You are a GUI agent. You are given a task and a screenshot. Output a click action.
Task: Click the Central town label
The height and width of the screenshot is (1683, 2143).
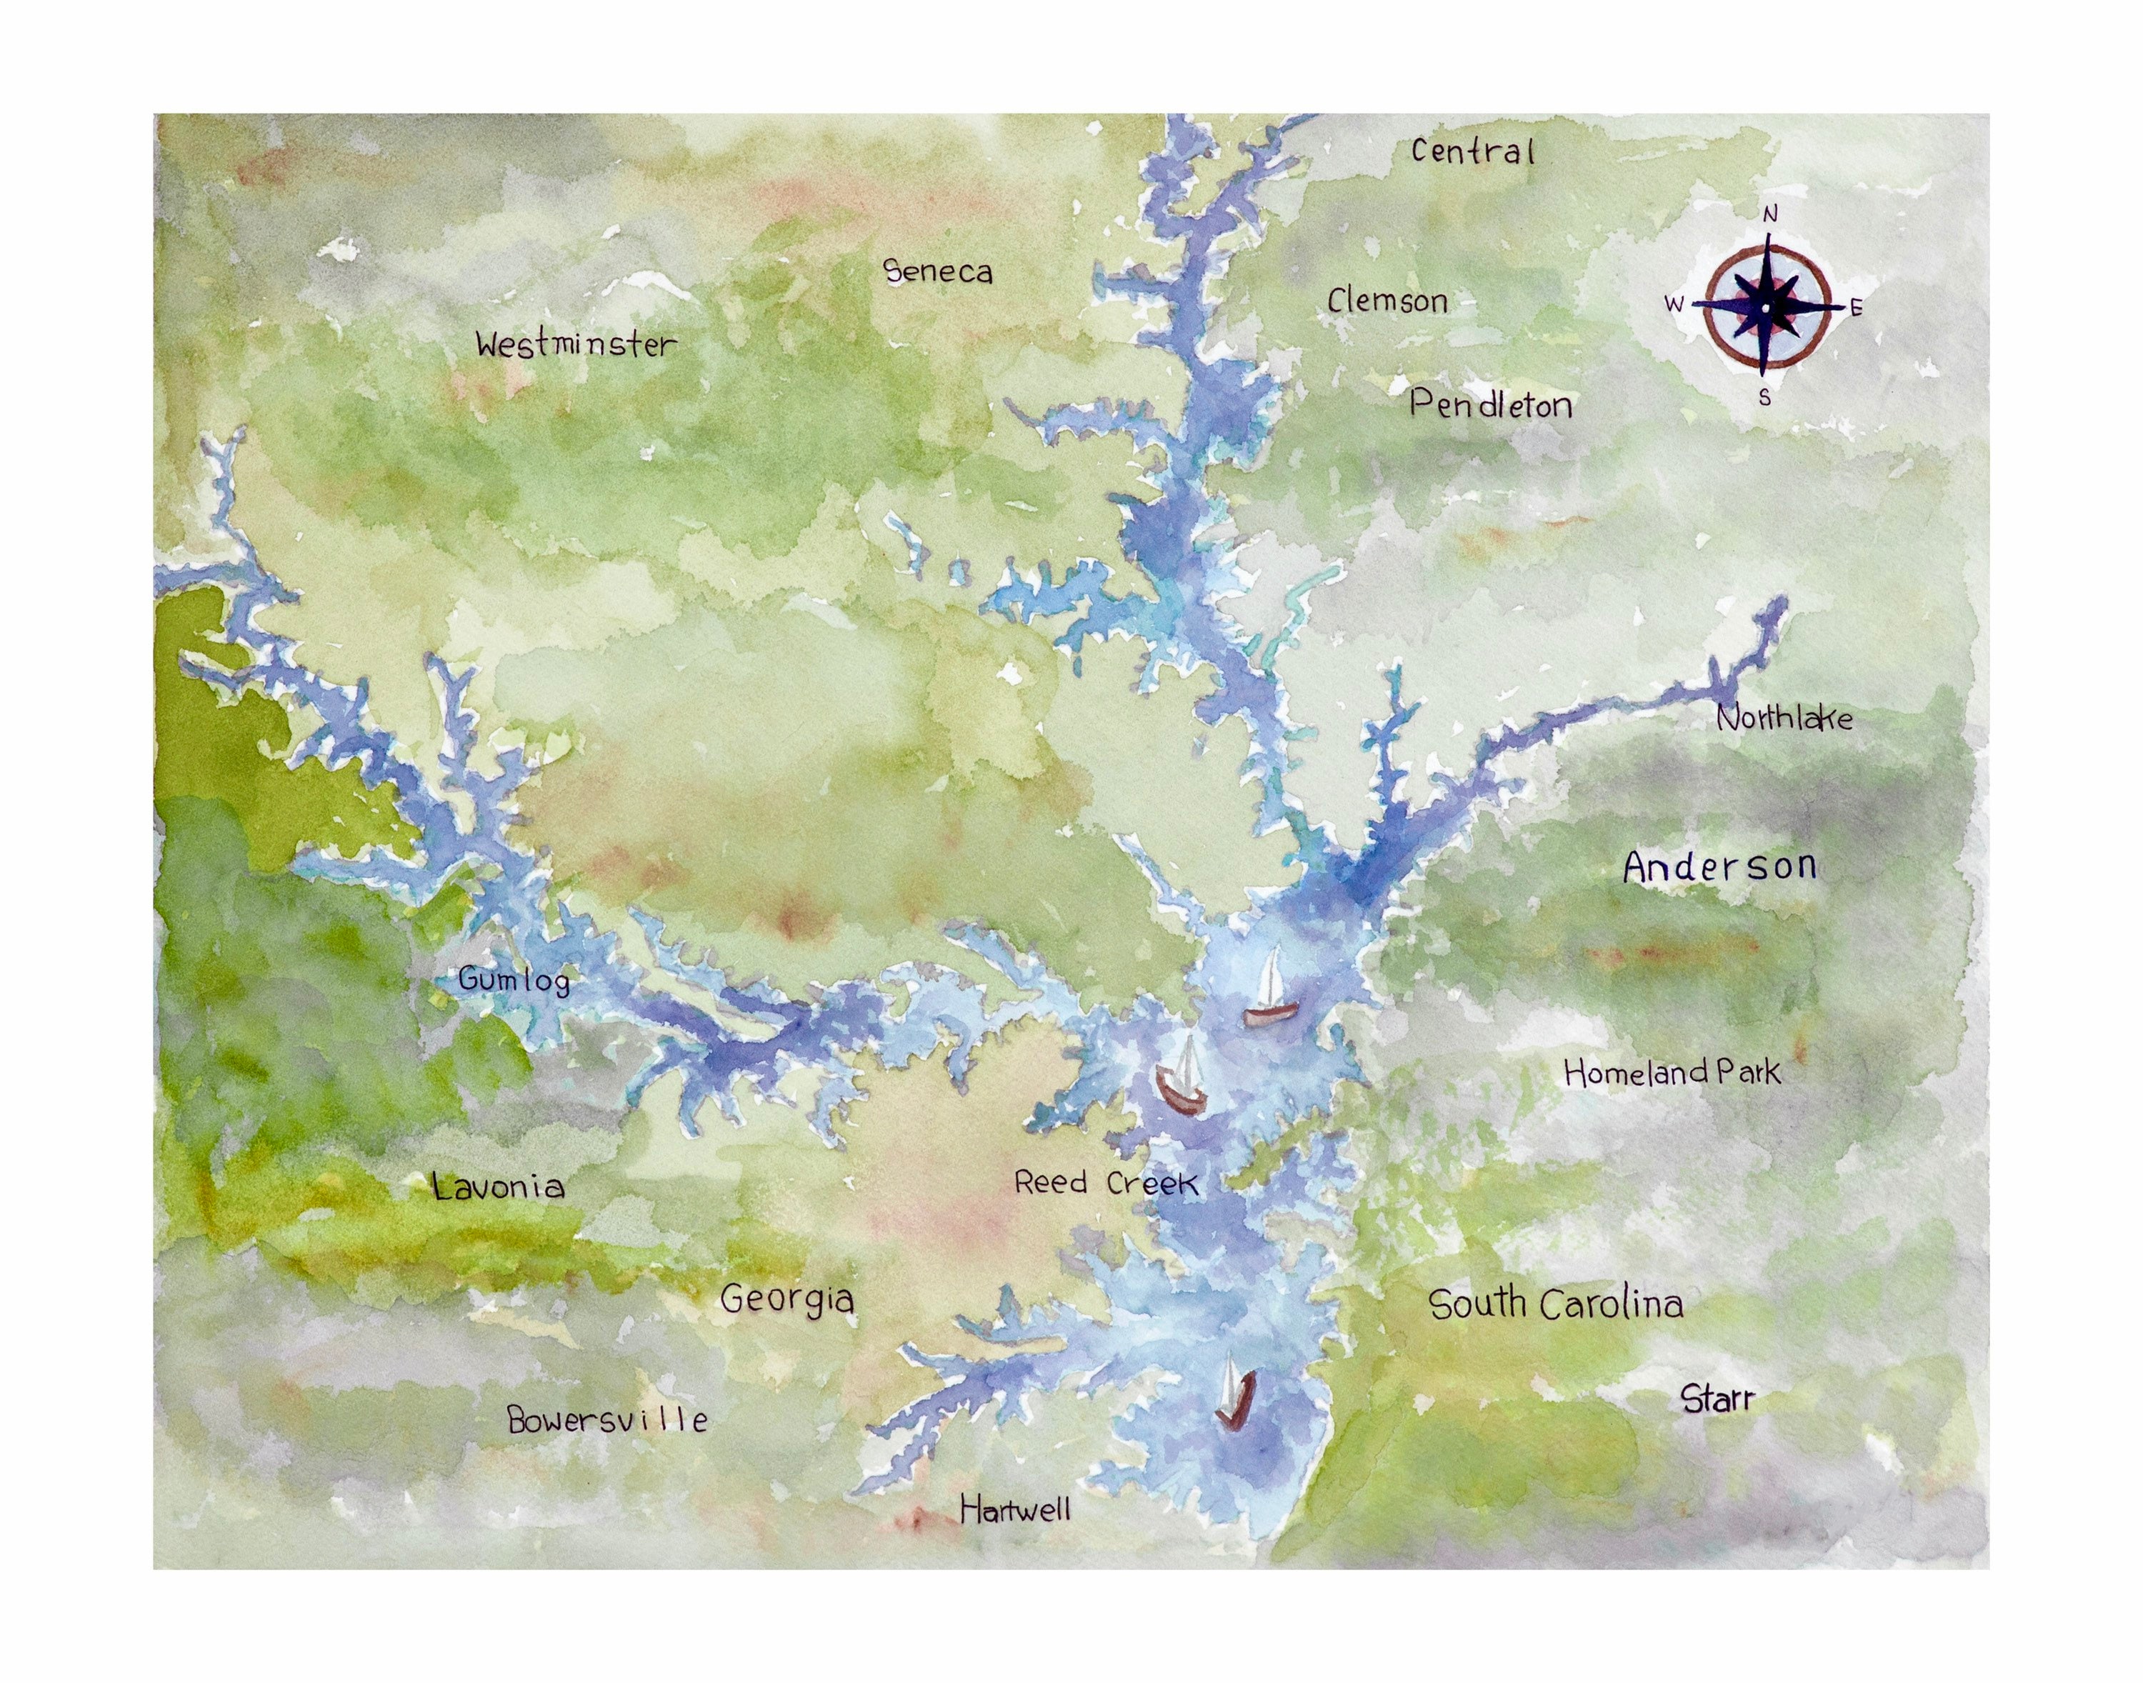coord(1472,151)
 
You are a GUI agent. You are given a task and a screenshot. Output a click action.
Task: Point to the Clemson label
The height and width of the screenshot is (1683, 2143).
coord(1387,301)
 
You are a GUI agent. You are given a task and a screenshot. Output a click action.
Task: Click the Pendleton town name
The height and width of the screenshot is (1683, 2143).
coord(1490,404)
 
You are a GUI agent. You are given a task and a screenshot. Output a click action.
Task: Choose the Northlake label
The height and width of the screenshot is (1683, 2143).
coord(1784,717)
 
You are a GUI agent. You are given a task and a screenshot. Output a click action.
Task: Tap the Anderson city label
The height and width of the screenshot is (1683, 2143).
coord(1719,867)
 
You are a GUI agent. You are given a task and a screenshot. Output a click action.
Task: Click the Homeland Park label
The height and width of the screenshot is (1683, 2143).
coord(1672,1072)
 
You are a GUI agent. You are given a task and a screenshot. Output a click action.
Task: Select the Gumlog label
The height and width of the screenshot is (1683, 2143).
coord(514,980)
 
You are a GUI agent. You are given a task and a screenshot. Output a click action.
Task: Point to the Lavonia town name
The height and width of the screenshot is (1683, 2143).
coord(499,1187)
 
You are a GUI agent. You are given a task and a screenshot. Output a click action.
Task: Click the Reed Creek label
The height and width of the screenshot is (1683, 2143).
coord(1106,1182)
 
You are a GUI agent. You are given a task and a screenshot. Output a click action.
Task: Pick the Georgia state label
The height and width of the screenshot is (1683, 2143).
coord(786,1299)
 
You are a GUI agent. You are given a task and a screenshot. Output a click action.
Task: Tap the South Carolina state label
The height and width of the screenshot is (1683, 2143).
coord(1556,1304)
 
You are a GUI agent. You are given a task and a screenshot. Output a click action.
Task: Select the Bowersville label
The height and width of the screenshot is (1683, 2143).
coord(607,1420)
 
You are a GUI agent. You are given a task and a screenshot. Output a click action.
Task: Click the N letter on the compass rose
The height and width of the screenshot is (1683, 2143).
coord(1769,214)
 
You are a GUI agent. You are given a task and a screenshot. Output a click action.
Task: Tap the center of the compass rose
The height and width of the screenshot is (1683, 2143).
coord(1767,307)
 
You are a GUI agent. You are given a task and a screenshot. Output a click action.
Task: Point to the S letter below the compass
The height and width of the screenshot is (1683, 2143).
coord(1764,398)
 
